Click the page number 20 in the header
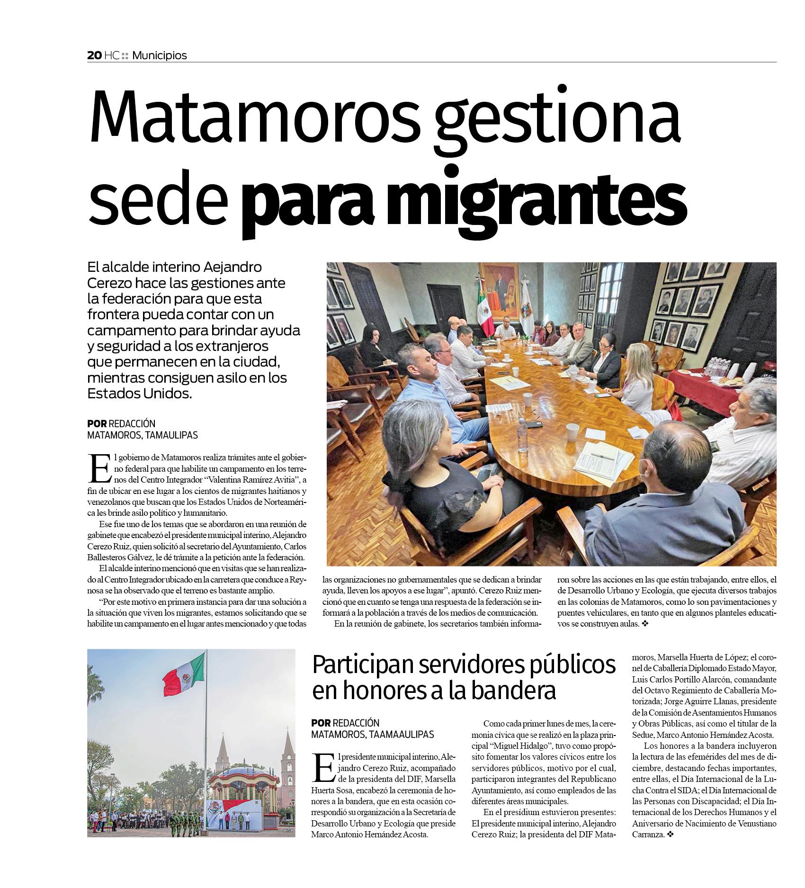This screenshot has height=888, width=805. (94, 55)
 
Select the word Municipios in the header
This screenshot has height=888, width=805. (160, 55)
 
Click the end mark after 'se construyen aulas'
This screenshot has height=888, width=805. (644, 624)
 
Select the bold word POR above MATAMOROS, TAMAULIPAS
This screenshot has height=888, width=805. (97, 423)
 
